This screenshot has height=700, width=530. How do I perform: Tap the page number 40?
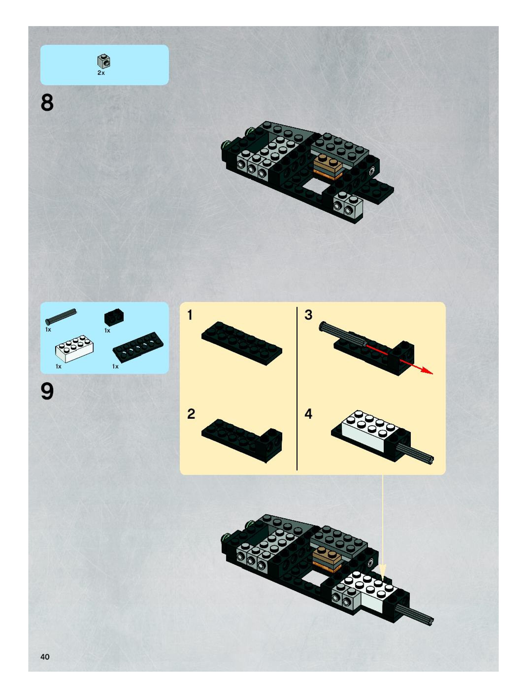45,657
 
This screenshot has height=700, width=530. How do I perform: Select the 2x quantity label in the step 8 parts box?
101,73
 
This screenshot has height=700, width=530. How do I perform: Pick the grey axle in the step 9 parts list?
61,317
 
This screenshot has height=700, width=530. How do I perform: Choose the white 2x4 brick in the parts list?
74,349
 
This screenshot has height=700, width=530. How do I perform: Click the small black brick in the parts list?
114,317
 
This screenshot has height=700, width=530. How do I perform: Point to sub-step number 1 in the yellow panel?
190,315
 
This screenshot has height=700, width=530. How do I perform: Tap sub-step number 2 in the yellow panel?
191,414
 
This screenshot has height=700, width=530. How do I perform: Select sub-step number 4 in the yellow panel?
308,414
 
